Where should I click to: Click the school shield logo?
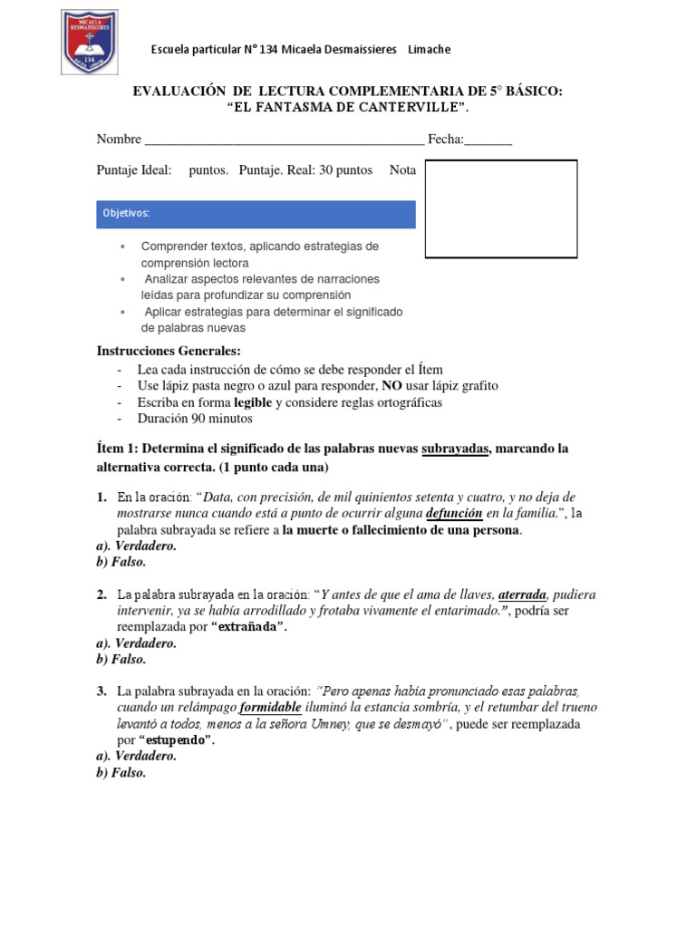[x=88, y=43]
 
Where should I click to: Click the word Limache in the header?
[x=429, y=49]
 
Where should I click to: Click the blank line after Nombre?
[x=283, y=140]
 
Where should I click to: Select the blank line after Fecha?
[x=488, y=140]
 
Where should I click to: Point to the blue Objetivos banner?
[x=256, y=214]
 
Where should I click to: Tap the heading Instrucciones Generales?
[x=169, y=352]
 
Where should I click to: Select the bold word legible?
[x=253, y=402]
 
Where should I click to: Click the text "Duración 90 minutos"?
[x=195, y=419]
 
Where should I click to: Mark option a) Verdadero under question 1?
[x=136, y=546]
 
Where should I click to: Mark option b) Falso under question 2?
[x=121, y=660]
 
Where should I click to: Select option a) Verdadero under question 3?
[x=136, y=756]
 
